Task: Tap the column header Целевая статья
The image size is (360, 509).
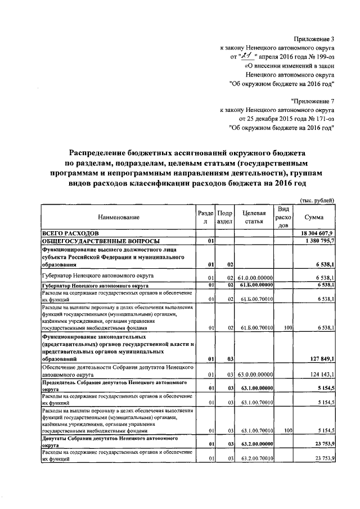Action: point(254,217)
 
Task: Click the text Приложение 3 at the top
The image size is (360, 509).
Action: point(314,39)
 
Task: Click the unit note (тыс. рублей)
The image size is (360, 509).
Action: point(318,200)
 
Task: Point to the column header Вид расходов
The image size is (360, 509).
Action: point(284,217)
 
